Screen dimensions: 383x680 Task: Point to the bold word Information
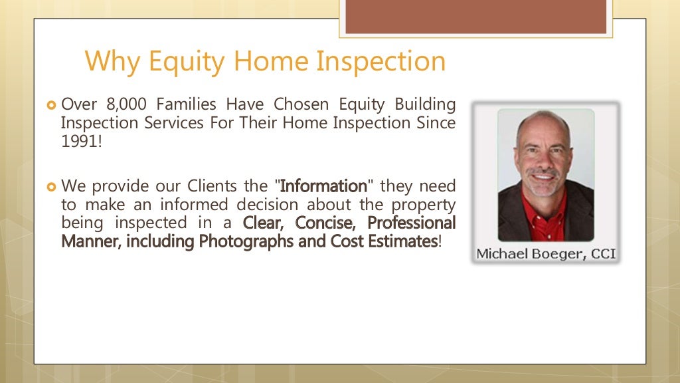(x=323, y=186)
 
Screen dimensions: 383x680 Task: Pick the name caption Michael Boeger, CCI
(x=546, y=254)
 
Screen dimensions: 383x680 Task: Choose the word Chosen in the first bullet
(x=299, y=104)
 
